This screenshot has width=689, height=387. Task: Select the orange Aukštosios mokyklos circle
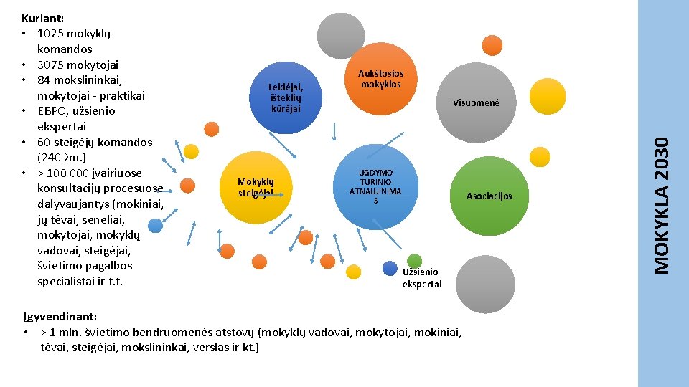tap(380, 79)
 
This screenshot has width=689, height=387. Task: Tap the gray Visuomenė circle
tap(475, 102)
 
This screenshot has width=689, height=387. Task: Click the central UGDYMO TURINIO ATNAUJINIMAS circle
tap(375, 187)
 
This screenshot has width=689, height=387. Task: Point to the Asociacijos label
tap(489, 196)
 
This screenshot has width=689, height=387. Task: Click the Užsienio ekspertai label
tap(422, 278)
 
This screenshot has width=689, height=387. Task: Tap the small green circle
tap(414, 261)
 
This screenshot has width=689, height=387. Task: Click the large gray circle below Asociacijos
tap(485, 285)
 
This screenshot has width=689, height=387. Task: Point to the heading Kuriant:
tap(44, 18)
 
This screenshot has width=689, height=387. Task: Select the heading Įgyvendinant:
tap(59, 316)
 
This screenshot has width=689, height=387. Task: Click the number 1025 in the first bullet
tap(51, 34)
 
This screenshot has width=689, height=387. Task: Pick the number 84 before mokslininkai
tap(45, 80)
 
